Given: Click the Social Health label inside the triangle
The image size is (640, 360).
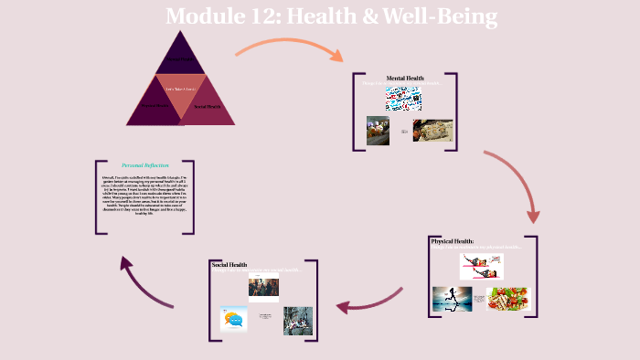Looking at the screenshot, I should pyautogui.click(x=208, y=107).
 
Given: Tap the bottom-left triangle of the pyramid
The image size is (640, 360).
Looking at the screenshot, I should pyautogui.click(x=153, y=106).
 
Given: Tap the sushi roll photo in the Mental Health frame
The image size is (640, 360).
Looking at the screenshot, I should pyautogui.click(x=432, y=131).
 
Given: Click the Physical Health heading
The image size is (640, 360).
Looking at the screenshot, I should pyautogui.click(x=457, y=241).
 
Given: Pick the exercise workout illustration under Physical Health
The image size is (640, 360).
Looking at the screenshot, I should pyautogui.click(x=481, y=266).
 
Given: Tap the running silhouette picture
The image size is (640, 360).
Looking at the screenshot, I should pyautogui.click(x=453, y=299).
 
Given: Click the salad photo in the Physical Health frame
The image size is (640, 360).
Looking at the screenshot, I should pyautogui.click(x=507, y=300).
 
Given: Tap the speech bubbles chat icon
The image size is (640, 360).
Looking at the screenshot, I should pyautogui.click(x=233, y=319).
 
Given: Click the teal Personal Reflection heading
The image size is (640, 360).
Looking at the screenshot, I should pyautogui.click(x=144, y=165).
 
